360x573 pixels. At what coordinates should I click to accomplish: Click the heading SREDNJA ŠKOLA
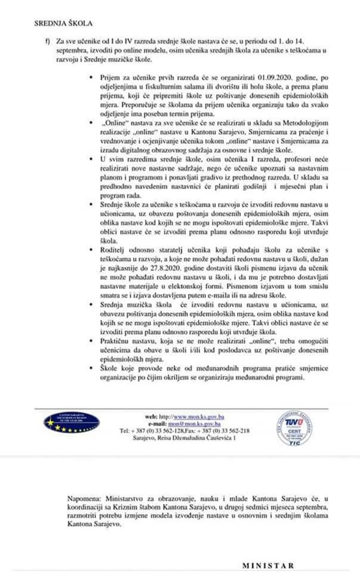pos(63,24)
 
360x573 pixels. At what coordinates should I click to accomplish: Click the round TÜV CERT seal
pos(294,428)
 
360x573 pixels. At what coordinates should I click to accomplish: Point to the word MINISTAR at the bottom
pos(268,565)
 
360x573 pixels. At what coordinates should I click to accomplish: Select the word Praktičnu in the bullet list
pos(118,339)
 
